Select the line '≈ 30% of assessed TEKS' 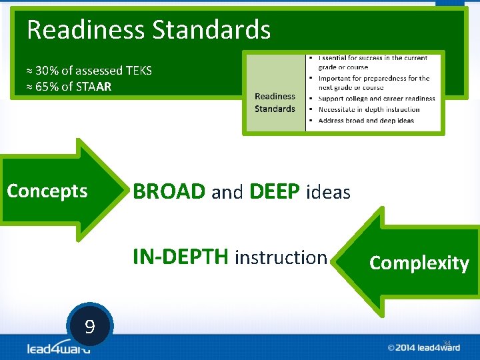[x=89, y=70]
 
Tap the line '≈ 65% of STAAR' [x=69, y=87]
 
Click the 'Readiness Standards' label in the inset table [x=275, y=103]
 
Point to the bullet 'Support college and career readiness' [x=377, y=99]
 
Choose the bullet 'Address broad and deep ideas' [x=366, y=121]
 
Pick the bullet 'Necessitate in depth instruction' [x=369, y=109]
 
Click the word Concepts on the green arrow [x=47, y=191]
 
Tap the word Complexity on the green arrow [x=419, y=263]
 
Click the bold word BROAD [x=169, y=192]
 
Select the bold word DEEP [x=274, y=192]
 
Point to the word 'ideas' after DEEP [x=327, y=193]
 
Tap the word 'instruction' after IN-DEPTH [x=281, y=257]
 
